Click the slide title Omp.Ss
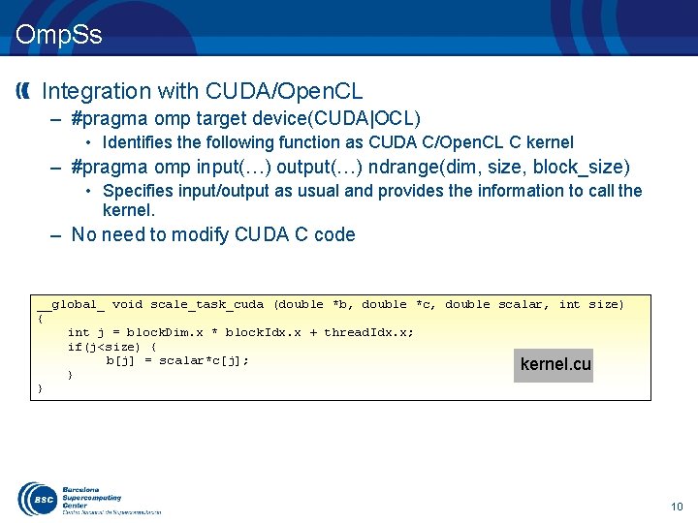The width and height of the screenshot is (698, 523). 58,36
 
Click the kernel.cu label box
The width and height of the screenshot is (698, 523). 554,365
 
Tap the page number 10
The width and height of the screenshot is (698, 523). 677,507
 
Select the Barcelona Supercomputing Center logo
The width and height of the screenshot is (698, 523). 87,499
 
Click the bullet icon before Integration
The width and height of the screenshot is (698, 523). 24,91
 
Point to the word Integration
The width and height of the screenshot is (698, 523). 97,91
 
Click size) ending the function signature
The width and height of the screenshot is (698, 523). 606,304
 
